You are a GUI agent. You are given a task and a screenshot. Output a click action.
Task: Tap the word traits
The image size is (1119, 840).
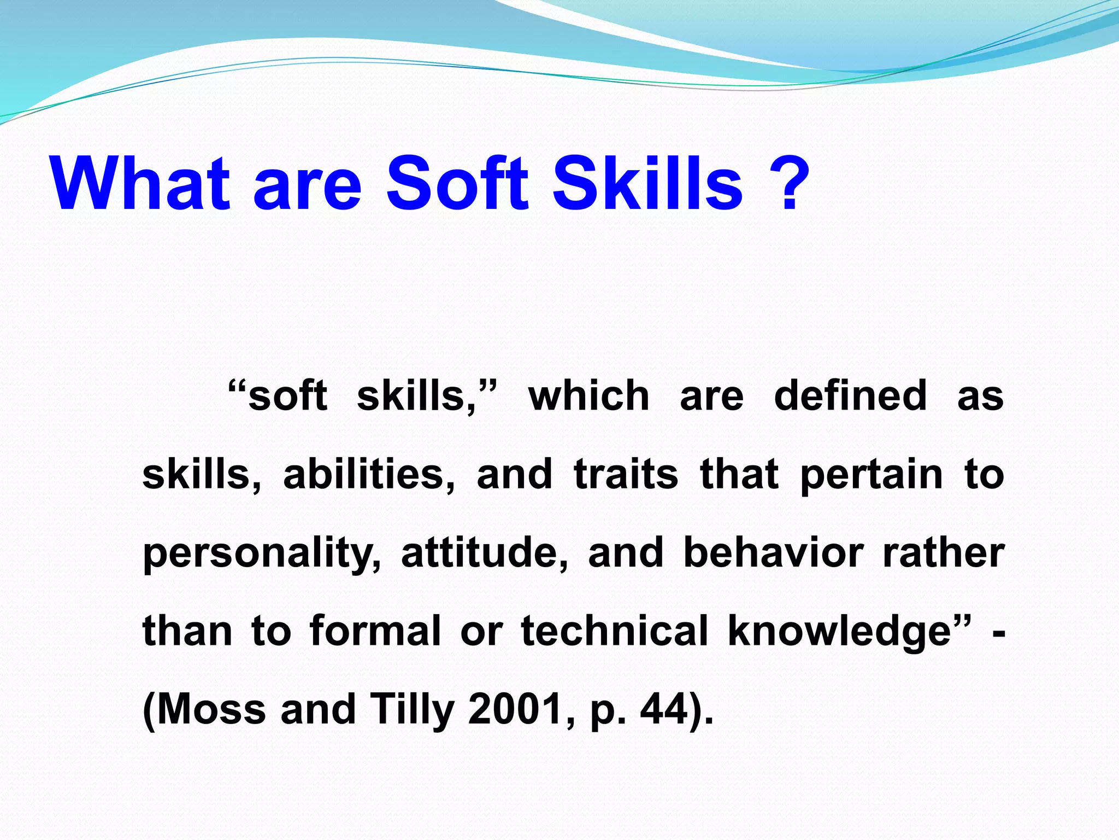click(626, 474)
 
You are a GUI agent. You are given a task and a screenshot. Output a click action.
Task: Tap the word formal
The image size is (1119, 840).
click(375, 631)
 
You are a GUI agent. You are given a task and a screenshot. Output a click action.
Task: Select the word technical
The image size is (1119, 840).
click(615, 631)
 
